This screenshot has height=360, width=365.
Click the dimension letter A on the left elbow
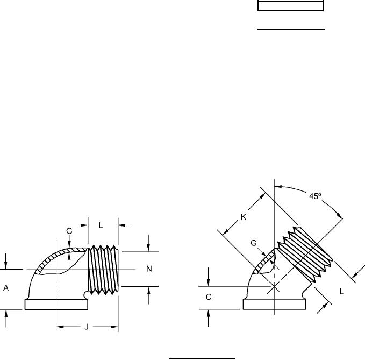click(x=6, y=288)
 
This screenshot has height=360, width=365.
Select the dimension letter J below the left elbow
click(x=87, y=327)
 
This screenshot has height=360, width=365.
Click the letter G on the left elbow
click(x=69, y=231)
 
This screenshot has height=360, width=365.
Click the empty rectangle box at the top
click(x=290, y=6)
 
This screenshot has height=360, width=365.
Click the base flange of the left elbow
click(x=56, y=305)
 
